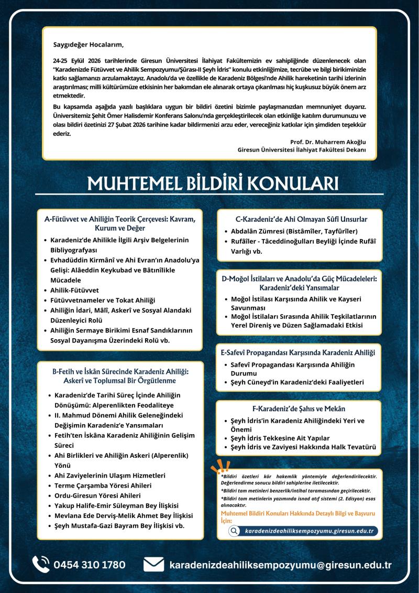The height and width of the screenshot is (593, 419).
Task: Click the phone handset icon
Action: click(x=41, y=564)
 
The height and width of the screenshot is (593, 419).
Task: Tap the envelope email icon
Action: click(x=154, y=565)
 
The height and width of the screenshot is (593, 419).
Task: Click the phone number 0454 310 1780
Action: click(x=89, y=565)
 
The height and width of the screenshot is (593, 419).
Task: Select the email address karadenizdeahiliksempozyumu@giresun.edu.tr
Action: click(x=281, y=565)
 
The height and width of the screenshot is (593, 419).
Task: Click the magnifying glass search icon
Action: click(x=235, y=531)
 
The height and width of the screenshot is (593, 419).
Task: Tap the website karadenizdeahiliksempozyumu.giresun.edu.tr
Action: click(x=309, y=531)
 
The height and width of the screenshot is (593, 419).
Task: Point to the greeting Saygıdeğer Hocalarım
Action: click(x=89, y=44)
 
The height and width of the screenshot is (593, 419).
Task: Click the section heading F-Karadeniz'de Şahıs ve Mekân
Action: click(x=299, y=408)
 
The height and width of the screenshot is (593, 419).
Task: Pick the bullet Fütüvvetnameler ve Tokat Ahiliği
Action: click(x=103, y=299)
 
